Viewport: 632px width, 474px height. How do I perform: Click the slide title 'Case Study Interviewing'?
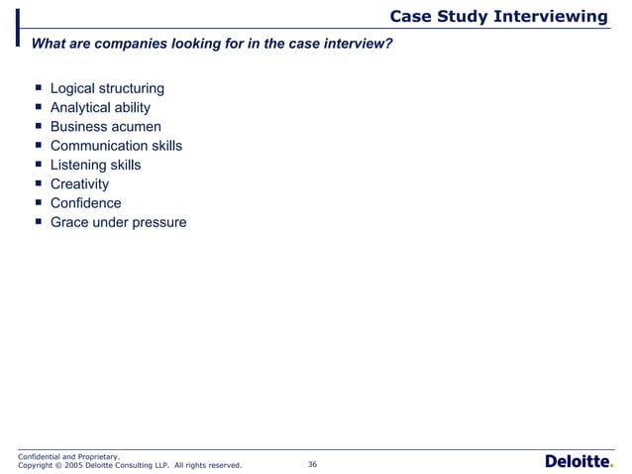(x=498, y=16)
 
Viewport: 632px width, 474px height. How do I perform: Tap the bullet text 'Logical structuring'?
(x=107, y=90)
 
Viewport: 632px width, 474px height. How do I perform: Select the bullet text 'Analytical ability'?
(x=100, y=109)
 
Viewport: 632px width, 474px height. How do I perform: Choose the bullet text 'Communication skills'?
(x=116, y=147)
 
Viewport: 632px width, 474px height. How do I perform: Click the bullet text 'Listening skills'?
(x=95, y=166)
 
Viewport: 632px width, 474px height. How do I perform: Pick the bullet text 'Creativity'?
(x=79, y=184)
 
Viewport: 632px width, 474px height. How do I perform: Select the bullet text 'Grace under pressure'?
(x=118, y=222)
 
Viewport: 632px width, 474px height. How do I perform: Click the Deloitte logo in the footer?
(x=579, y=461)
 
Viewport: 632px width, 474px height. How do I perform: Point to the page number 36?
(x=313, y=464)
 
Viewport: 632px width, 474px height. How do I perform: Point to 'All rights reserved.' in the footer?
(x=207, y=465)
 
